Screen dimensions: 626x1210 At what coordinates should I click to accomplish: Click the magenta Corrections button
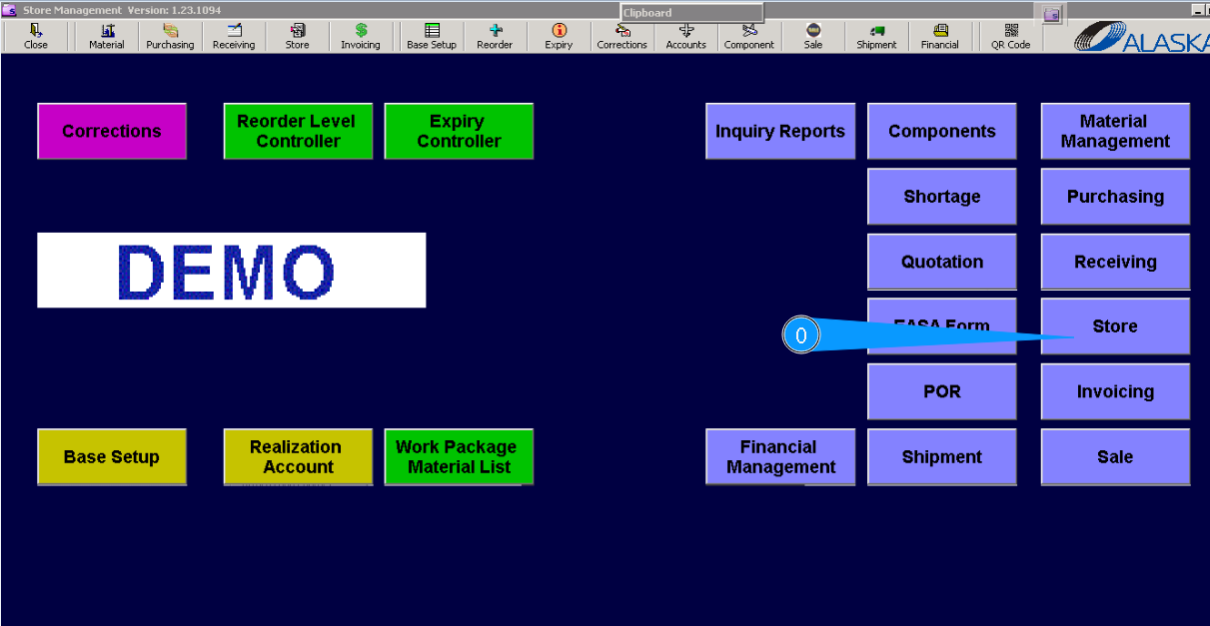click(112, 131)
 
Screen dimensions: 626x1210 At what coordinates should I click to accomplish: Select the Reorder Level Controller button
click(298, 131)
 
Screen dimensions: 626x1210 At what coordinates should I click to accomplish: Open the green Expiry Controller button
click(459, 131)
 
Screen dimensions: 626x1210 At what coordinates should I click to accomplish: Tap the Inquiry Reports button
click(780, 131)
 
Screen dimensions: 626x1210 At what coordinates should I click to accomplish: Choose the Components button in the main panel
click(941, 131)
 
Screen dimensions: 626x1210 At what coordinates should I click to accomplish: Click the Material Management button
click(1115, 131)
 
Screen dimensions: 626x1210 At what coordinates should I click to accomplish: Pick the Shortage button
click(941, 197)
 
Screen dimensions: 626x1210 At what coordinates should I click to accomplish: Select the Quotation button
click(941, 262)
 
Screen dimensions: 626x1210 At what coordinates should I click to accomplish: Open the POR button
click(941, 391)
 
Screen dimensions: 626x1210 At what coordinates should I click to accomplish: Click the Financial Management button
click(780, 457)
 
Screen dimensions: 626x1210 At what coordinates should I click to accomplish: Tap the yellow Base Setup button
click(112, 457)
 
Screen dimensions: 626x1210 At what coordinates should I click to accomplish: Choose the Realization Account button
click(298, 457)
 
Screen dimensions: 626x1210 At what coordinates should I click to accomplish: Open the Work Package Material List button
click(459, 457)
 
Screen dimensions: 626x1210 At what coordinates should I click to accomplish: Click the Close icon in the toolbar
click(36, 37)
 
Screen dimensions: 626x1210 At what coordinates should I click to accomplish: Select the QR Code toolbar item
click(1010, 37)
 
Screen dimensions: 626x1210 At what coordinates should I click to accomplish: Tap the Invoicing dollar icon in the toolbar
click(361, 31)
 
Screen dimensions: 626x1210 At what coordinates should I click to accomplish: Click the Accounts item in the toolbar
click(685, 37)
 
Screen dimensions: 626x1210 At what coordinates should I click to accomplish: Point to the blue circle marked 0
click(800, 335)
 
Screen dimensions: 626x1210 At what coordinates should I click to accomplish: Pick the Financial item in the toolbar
click(939, 37)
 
